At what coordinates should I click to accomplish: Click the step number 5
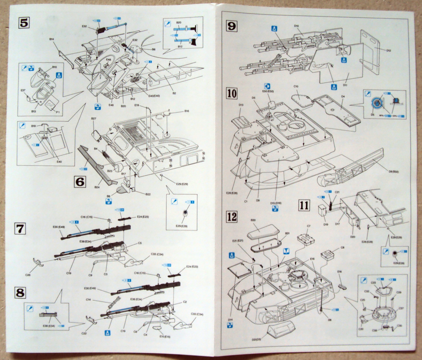24,23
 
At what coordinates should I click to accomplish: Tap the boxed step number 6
80,182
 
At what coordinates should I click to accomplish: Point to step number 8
20,292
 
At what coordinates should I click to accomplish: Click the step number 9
232,26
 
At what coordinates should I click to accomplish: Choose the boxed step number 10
232,94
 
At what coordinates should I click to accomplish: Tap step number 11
304,205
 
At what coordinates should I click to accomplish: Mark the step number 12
232,217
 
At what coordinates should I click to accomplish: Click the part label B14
51,39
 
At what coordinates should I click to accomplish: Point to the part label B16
187,111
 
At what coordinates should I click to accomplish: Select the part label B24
97,187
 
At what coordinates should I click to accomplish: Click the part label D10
296,26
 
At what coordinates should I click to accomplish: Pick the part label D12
389,51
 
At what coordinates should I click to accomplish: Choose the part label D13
241,105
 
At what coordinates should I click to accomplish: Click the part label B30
253,220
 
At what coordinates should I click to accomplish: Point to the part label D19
326,224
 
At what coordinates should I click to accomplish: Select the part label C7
308,226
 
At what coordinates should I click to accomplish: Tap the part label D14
230,320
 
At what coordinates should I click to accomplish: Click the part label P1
58,112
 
